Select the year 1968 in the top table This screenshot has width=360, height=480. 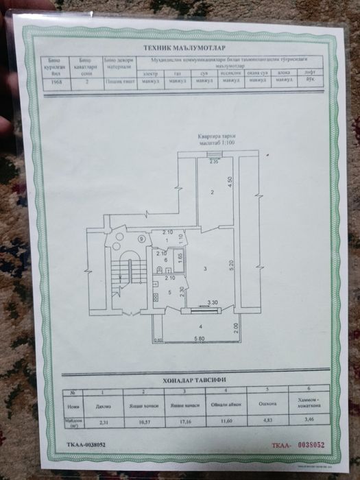pos(58,81)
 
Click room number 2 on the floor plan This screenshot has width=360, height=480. pos(213,193)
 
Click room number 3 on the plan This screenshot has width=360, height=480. pos(204,267)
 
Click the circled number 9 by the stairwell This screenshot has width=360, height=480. pos(141,239)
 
